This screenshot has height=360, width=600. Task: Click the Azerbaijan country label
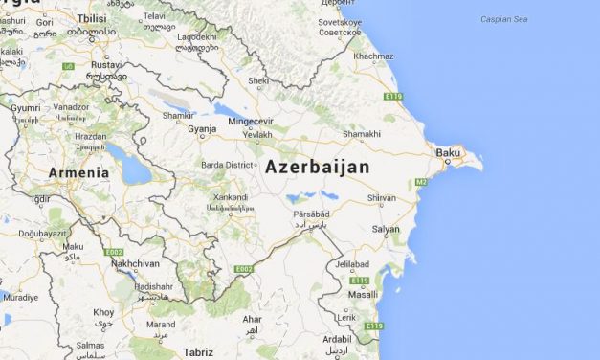pyautogui.click(x=317, y=167)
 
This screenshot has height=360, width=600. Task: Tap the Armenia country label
pyautogui.click(x=78, y=173)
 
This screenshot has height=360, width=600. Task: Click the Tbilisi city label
pyautogui.click(x=92, y=18)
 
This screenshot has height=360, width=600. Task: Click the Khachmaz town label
pyautogui.click(x=372, y=56)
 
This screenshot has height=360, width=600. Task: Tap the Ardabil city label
pyautogui.click(x=336, y=338)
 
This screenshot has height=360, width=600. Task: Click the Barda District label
pyautogui.click(x=227, y=165)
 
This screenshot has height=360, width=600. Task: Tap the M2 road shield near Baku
pyautogui.click(x=421, y=182)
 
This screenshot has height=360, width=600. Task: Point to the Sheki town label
pyautogui.click(x=257, y=81)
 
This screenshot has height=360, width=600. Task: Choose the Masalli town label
pyautogui.click(x=363, y=296)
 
